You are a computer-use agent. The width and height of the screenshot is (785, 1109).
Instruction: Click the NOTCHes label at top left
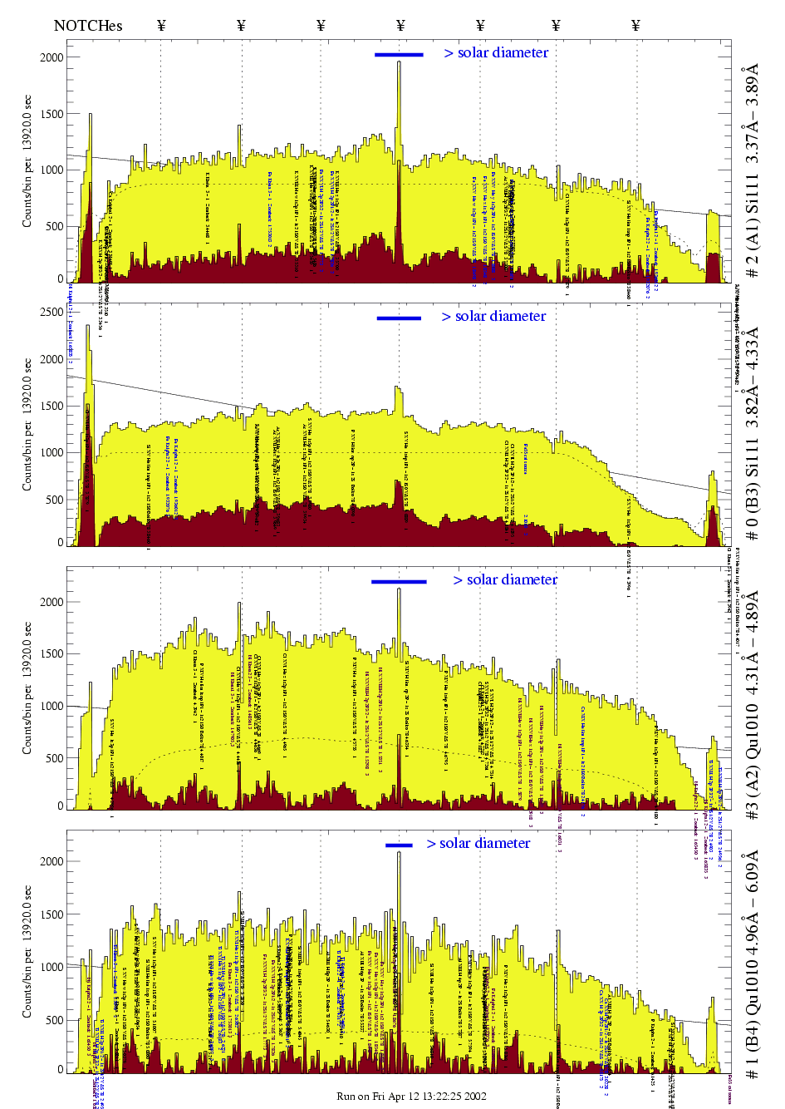[87, 26]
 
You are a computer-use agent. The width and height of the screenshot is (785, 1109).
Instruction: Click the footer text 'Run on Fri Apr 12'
[411, 1097]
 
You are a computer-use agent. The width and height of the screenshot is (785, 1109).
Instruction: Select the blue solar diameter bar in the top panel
[399, 55]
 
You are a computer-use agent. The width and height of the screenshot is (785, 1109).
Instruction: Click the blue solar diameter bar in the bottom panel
[399, 845]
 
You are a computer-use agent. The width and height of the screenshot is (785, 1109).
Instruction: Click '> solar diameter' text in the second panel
[493, 317]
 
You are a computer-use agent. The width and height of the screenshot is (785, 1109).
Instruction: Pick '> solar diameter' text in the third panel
[505, 580]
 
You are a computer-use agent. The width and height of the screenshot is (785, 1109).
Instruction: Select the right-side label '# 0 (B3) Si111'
[752, 432]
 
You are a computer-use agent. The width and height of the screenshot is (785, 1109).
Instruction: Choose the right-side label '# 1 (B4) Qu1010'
[752, 964]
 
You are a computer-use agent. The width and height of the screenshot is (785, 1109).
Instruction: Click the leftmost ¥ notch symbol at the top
[161, 26]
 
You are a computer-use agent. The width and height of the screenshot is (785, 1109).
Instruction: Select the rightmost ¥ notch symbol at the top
[635, 26]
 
